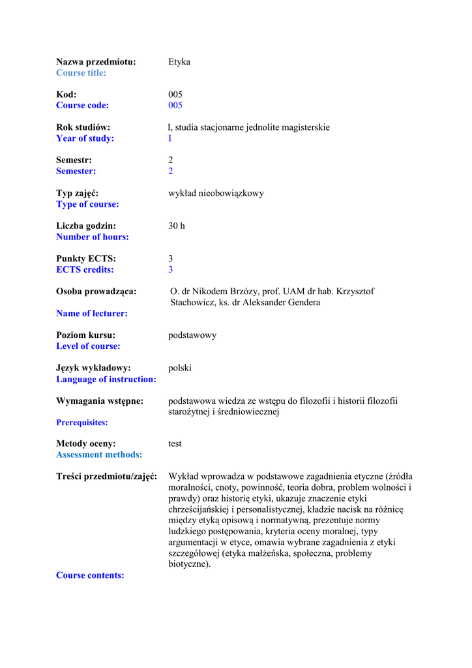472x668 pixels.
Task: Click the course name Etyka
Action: tap(179, 62)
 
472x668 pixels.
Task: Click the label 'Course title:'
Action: tap(81, 73)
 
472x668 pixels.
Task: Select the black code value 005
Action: tap(175, 95)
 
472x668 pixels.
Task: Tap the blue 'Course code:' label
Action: tap(82, 106)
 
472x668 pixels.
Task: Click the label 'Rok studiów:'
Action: tap(83, 127)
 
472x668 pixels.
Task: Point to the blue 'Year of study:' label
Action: tap(85, 138)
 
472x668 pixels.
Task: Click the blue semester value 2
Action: tap(171, 171)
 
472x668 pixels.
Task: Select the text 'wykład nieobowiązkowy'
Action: tap(216, 193)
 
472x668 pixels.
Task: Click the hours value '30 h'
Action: tap(177, 226)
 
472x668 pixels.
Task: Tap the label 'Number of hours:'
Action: tap(92, 237)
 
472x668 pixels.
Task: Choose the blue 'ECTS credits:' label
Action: tap(85, 269)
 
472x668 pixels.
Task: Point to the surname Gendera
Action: tap(302, 303)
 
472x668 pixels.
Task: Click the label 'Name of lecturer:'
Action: tap(91, 314)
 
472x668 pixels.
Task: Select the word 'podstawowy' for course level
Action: tap(192, 335)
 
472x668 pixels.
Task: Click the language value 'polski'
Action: tap(180, 368)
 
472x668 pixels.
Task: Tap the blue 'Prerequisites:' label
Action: tap(81, 423)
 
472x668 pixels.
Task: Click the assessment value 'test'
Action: tap(175, 444)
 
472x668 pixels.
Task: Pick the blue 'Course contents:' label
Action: tap(90, 575)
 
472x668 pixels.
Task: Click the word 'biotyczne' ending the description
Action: tap(188, 564)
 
